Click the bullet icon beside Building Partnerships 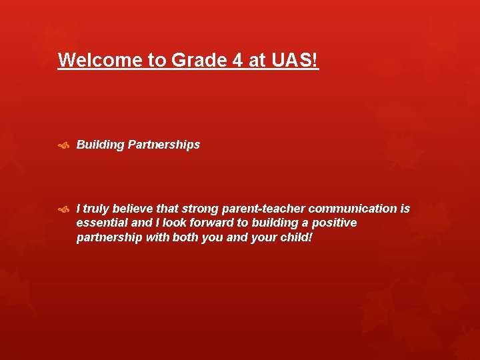point(64,145)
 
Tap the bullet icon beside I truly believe point(64,209)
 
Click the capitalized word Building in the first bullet point(100,145)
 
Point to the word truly point(97,209)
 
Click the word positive point(334,223)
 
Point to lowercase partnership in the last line point(109,237)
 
